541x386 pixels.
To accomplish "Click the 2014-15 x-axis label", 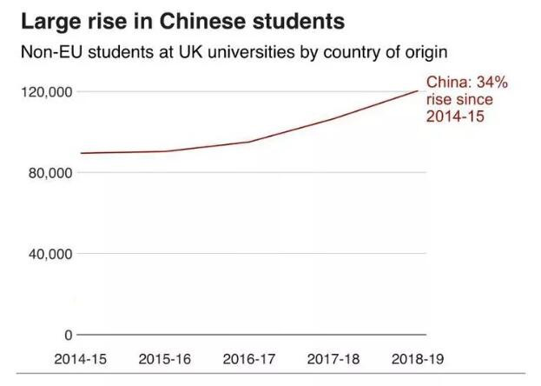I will [x=80, y=359].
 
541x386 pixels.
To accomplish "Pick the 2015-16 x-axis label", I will [x=166, y=359].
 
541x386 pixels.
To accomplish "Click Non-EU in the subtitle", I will [x=51, y=53].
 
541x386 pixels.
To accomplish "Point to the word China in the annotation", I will [x=446, y=83].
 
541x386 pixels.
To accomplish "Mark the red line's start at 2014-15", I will [x=80, y=153].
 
